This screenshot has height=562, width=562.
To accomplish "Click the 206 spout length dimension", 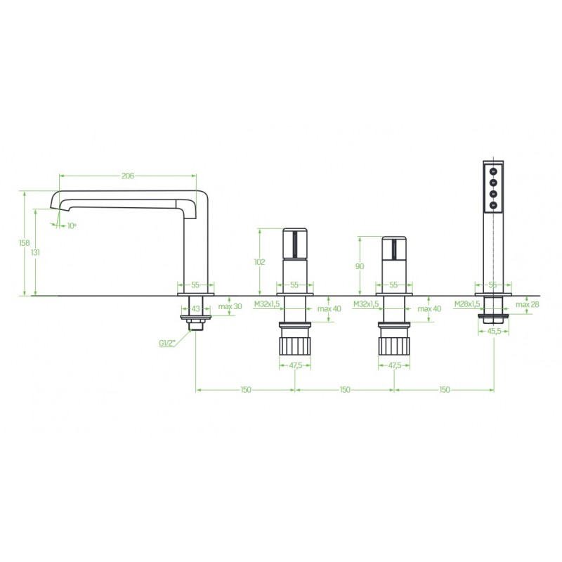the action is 128,176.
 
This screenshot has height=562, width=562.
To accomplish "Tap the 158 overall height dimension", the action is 25,243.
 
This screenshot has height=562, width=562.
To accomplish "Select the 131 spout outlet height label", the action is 35,252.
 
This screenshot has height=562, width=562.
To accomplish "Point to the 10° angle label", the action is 72,226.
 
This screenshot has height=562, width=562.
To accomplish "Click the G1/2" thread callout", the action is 167,343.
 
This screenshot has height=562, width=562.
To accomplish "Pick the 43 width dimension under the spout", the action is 196,308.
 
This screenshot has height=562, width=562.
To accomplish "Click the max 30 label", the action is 230,306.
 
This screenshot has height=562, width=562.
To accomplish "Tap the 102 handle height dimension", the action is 259,262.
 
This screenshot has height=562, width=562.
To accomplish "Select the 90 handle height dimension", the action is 359,266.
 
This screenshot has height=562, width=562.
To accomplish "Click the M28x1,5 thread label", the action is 467,304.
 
